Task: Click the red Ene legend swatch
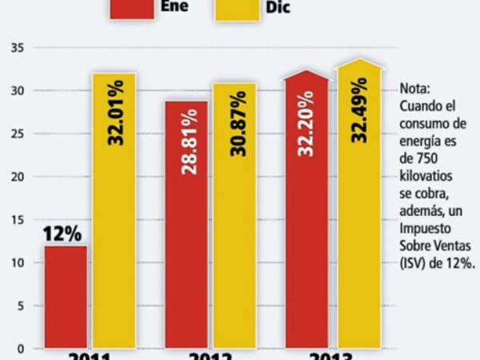point(132,8)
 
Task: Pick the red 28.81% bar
point(186,224)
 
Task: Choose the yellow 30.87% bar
point(234,215)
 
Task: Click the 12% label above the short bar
point(64,234)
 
